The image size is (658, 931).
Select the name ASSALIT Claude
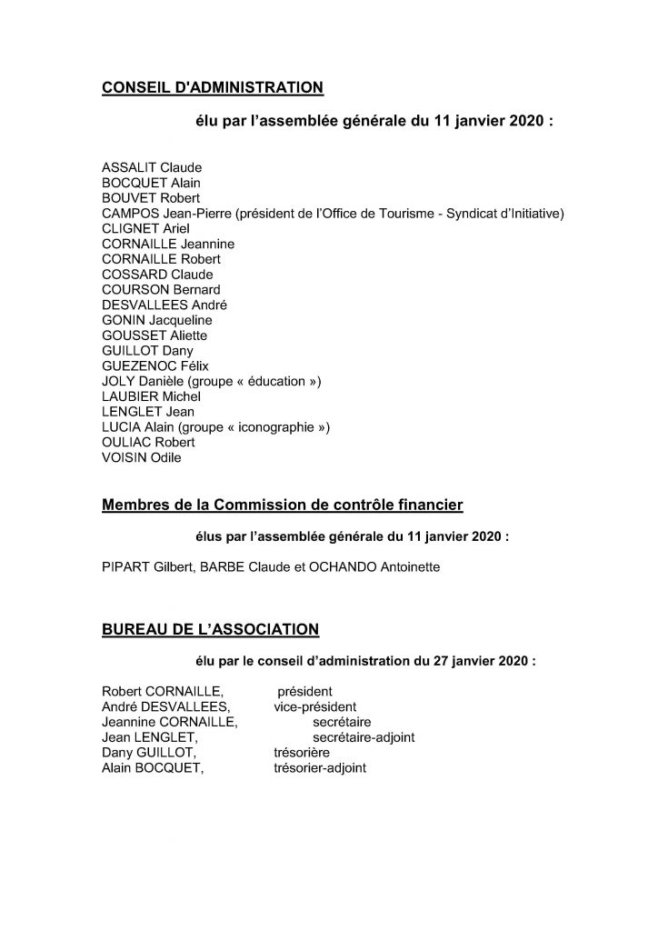[152, 167]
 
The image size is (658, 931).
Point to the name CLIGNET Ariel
[148, 228]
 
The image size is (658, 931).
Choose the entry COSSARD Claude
[158, 275]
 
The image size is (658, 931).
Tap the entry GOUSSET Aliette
[155, 335]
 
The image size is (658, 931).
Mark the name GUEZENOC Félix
[156, 366]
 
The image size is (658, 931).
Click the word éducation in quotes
[274, 382]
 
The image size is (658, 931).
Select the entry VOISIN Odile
[142, 458]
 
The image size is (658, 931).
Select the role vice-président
[314, 707]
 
